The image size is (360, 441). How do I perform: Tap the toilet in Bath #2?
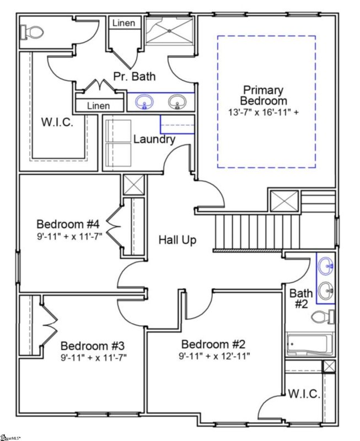pyautogui.click(x=323, y=317)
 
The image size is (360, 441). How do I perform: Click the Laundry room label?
pyautogui.click(x=154, y=139)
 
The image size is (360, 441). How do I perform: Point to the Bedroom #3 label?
pyautogui.click(x=92, y=346)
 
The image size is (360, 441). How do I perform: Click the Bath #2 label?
pyautogui.click(x=301, y=298)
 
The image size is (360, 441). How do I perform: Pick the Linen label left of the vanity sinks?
pyautogui.click(x=98, y=105)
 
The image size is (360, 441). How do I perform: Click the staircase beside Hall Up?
pyautogui.click(x=256, y=233)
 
